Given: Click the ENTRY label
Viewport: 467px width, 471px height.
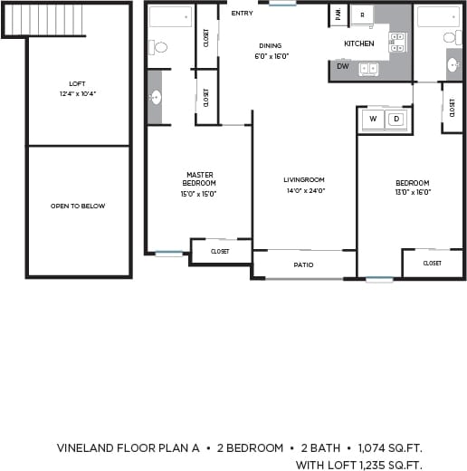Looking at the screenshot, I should pyautogui.click(x=242, y=14).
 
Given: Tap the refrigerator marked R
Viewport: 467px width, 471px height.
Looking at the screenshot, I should pyautogui.click(x=362, y=15).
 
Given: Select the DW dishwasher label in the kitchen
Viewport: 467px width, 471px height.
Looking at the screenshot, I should pyautogui.click(x=342, y=66).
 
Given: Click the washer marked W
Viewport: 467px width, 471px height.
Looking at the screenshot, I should pyautogui.click(x=372, y=119).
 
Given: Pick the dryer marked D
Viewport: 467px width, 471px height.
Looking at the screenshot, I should pyautogui.click(x=396, y=119).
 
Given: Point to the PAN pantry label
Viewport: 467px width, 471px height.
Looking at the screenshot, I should pyautogui.click(x=338, y=14).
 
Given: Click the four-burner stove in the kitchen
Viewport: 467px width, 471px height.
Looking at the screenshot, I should pyautogui.click(x=397, y=41).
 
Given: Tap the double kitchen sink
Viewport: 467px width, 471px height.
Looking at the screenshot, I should pyautogui.click(x=368, y=69).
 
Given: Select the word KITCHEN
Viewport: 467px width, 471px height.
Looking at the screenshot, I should pyautogui.click(x=359, y=43).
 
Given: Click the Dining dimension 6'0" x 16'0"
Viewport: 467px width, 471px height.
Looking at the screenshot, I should pyautogui.click(x=270, y=55).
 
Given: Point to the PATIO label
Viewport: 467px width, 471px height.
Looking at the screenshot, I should pyautogui.click(x=303, y=264).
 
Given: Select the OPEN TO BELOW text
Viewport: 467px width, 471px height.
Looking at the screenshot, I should pyautogui.click(x=78, y=206).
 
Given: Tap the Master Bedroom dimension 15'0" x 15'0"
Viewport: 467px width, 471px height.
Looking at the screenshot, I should pyautogui.click(x=199, y=193).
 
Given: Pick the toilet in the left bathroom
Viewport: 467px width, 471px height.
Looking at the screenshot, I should pyautogui.click(x=159, y=47).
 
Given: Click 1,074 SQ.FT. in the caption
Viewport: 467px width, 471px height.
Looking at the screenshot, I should pyautogui.click(x=390, y=448).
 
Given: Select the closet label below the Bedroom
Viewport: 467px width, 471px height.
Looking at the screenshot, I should pyautogui.click(x=432, y=263).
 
